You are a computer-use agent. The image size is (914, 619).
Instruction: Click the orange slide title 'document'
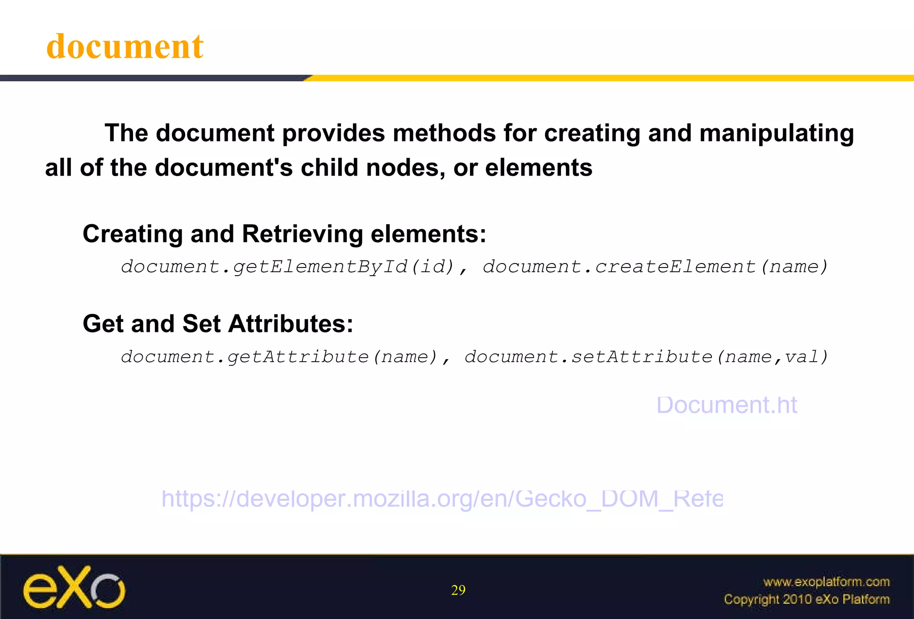(x=125, y=46)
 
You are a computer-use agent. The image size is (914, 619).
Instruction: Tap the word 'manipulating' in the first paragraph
(x=777, y=134)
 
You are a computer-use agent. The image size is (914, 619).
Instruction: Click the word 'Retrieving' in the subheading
(x=302, y=234)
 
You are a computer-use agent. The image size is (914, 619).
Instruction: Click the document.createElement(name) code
(x=655, y=267)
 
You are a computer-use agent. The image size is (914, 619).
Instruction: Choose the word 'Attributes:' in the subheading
(x=291, y=324)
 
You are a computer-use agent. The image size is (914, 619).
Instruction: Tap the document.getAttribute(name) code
(x=279, y=357)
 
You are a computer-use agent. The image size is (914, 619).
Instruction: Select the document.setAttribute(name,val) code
(x=646, y=357)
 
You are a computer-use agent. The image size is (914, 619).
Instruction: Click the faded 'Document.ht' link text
(x=727, y=405)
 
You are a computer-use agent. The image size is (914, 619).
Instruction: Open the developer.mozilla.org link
(x=442, y=498)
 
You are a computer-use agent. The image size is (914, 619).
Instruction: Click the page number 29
(x=458, y=590)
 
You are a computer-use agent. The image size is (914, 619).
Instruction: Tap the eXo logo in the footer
(x=74, y=588)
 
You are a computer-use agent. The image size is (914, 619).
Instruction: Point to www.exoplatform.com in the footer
(x=826, y=581)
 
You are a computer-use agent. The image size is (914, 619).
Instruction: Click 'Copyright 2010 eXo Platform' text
(x=806, y=599)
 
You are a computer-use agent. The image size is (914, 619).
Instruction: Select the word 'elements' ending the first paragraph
(x=539, y=168)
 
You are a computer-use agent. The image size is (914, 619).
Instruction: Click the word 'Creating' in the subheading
(x=133, y=234)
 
